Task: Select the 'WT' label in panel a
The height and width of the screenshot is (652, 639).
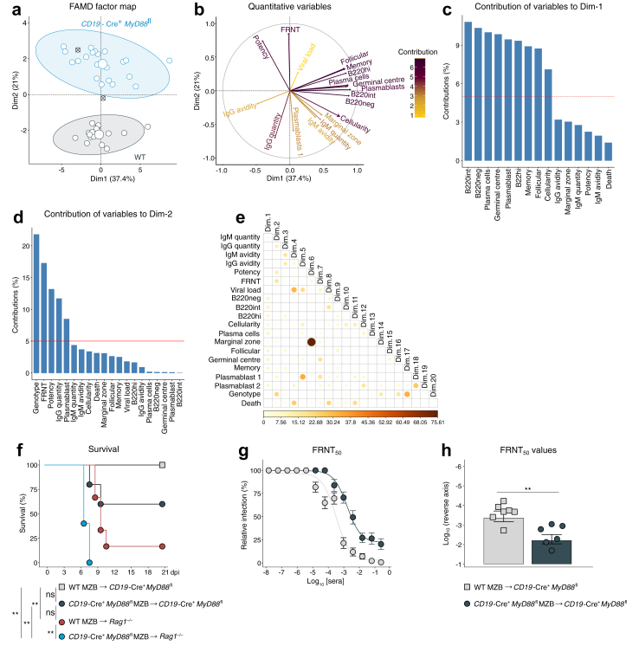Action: [139, 157]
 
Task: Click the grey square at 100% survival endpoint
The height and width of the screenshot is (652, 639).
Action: [162, 465]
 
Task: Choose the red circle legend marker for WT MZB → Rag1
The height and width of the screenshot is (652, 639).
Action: [62, 620]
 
